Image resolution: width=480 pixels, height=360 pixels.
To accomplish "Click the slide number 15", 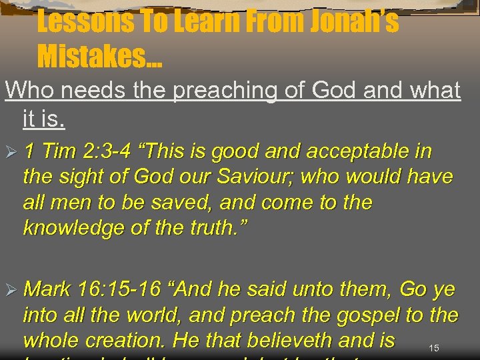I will point(433,348).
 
